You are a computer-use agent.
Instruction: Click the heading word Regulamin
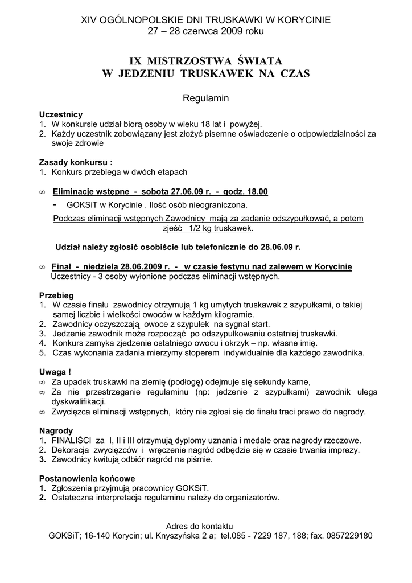pyautogui.click(x=205, y=98)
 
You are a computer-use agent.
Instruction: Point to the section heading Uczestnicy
pyautogui.click(x=61, y=114)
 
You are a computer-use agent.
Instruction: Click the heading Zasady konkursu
pyautogui.click(x=74, y=161)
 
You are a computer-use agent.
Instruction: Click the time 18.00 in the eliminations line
pyautogui.click(x=255, y=192)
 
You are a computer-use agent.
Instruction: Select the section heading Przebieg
pyautogui.click(x=56, y=296)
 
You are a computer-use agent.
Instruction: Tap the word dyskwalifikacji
pyautogui.click(x=80, y=401)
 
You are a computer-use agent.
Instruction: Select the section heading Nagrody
pyautogui.click(x=56, y=430)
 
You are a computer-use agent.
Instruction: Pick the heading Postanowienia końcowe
pyautogui.click(x=86, y=478)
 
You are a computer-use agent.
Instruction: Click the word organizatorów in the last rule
pyautogui.click(x=251, y=498)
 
